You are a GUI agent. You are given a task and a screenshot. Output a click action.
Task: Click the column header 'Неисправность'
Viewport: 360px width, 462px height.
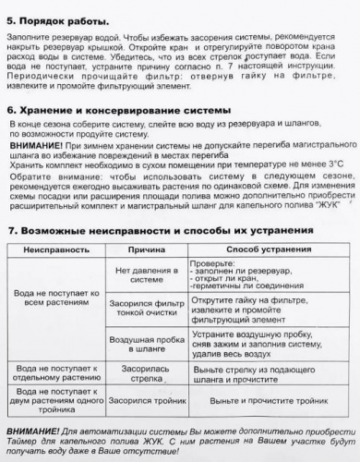[56, 249]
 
